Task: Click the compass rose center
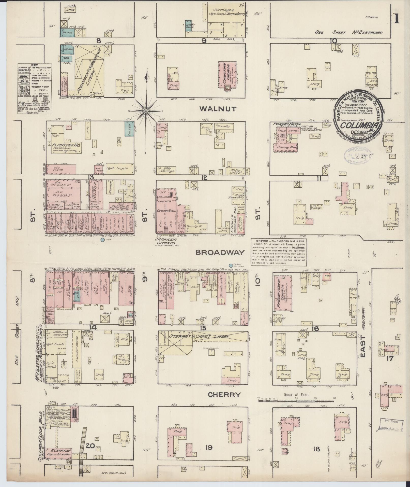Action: [146, 111]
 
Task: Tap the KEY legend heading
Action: [34, 65]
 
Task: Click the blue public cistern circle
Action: [231, 265]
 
